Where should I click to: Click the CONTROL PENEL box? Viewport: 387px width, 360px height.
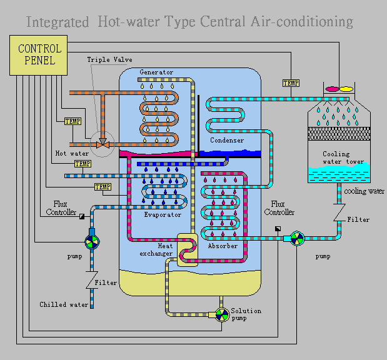[x=39, y=54]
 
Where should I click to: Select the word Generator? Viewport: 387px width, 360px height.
[x=156, y=72]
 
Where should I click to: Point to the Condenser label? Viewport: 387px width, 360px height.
[x=227, y=141]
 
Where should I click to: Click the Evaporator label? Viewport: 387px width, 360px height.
[x=162, y=215]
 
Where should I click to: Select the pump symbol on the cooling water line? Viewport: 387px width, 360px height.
[x=298, y=238]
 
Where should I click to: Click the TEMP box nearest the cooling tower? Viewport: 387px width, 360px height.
[x=291, y=83]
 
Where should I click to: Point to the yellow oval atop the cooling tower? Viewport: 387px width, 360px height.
[x=346, y=89]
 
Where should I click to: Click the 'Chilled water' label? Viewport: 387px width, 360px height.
[x=64, y=305]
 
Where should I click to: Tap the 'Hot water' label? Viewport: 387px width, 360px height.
[x=72, y=153]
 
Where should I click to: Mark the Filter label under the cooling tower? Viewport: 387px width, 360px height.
[x=358, y=220]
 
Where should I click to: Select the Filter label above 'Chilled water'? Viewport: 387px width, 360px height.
[x=106, y=283]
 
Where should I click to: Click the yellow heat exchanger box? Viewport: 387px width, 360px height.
[x=187, y=249]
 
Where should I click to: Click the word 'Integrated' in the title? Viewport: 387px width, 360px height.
[x=58, y=22]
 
